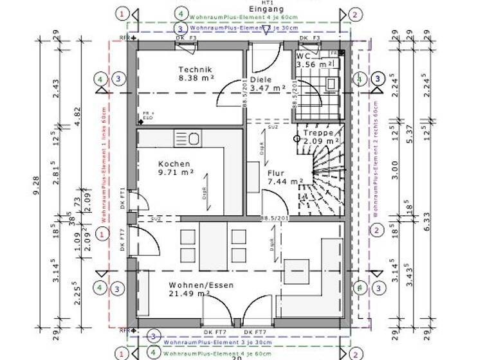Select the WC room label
point(302,56)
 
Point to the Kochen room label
point(174,165)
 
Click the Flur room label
point(275,173)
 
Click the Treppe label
point(318,132)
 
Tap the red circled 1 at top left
point(123,14)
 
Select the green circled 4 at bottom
point(153,352)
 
